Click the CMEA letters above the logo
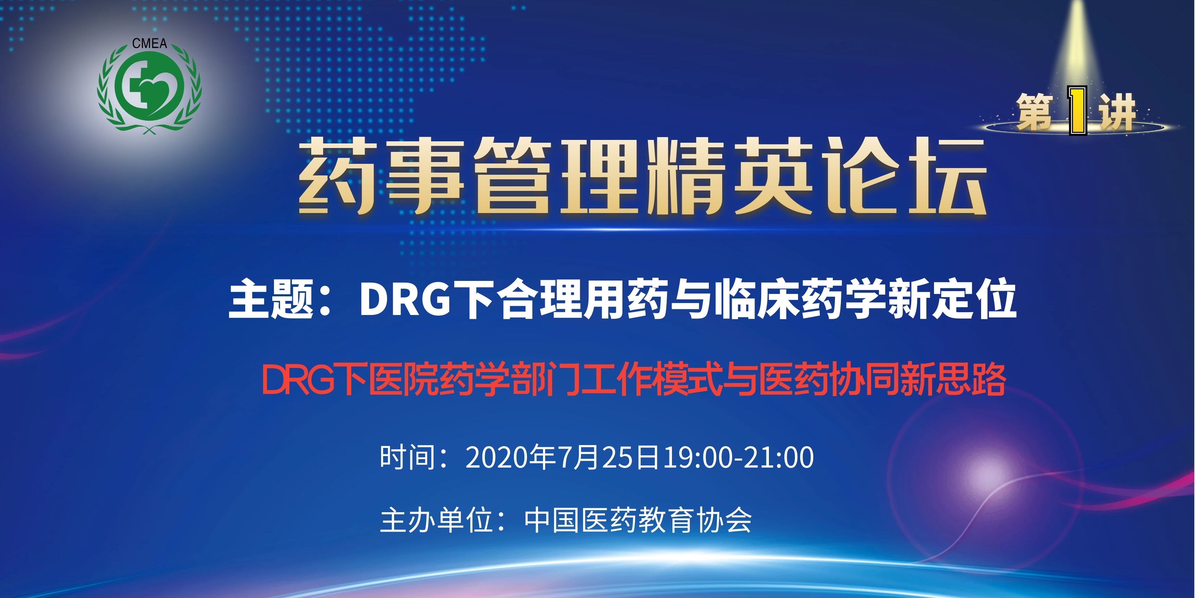pos(149,44)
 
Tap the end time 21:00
pos(779,457)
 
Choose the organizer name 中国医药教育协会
pos(638,520)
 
